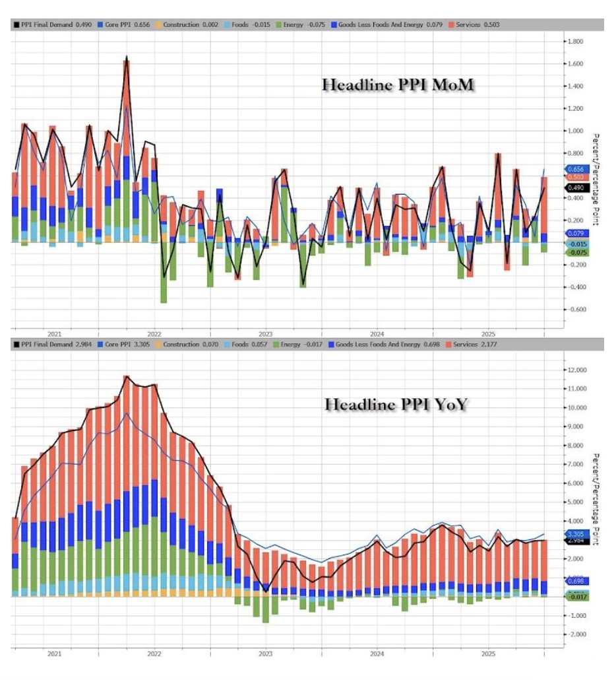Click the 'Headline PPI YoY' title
coord(395,405)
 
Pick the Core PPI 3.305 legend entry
coord(123,345)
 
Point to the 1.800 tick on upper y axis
coord(576,41)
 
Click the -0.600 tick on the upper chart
coord(576,309)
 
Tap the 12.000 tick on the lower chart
coord(576,370)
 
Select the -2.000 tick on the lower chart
coord(576,634)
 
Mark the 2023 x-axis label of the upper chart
coord(266,334)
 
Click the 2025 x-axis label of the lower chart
coord(487,654)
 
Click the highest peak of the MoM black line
coord(126,57)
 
